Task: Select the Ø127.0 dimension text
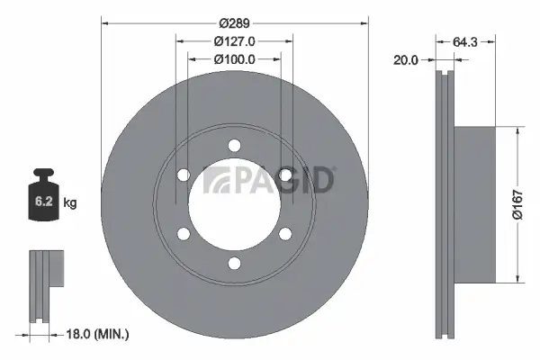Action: click(234, 40)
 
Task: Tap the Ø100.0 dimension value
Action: click(234, 58)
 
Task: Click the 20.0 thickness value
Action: click(407, 61)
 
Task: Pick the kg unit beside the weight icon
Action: click(70, 203)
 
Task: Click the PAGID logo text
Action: click(270, 179)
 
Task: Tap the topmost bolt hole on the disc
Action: click(234, 145)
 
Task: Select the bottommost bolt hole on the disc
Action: click(234, 263)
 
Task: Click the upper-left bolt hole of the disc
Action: click(184, 175)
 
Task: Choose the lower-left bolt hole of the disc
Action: click(184, 234)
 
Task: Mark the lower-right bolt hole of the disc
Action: click(285, 234)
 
